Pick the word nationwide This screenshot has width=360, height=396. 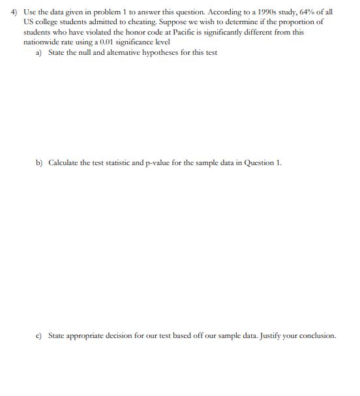40,42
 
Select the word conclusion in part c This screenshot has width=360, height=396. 317,335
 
